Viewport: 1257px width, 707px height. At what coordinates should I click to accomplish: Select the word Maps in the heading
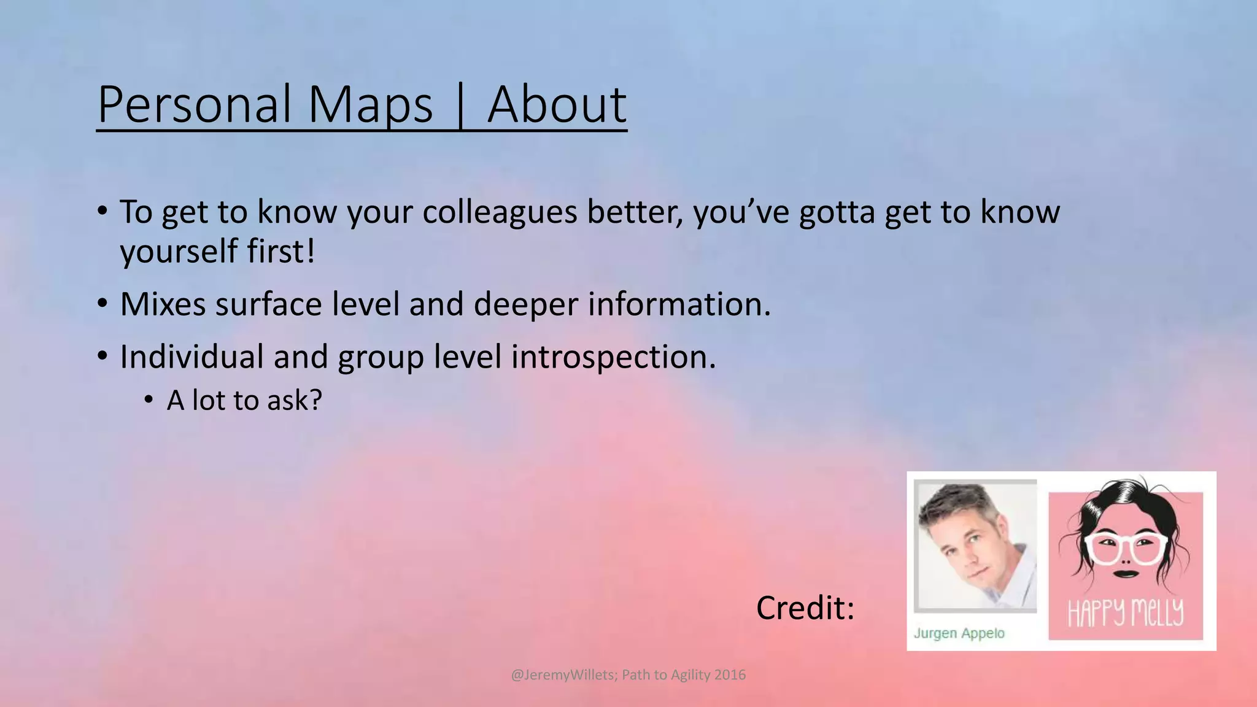(x=370, y=106)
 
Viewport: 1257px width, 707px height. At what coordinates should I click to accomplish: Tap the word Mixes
(x=163, y=304)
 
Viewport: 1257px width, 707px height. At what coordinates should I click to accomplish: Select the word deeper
(x=525, y=305)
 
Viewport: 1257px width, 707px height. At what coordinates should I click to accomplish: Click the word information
(x=679, y=304)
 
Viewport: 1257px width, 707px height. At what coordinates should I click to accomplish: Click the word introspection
(x=613, y=358)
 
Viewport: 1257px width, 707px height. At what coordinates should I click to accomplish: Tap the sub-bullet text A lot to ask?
(x=244, y=401)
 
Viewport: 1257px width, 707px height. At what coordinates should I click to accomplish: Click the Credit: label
(x=805, y=608)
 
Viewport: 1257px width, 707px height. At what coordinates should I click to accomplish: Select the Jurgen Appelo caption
(x=959, y=633)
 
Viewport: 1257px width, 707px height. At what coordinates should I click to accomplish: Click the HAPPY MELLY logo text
(x=1126, y=612)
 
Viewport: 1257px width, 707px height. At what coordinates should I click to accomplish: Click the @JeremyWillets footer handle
(x=563, y=675)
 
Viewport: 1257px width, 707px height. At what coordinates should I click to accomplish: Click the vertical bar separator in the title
(x=460, y=106)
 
